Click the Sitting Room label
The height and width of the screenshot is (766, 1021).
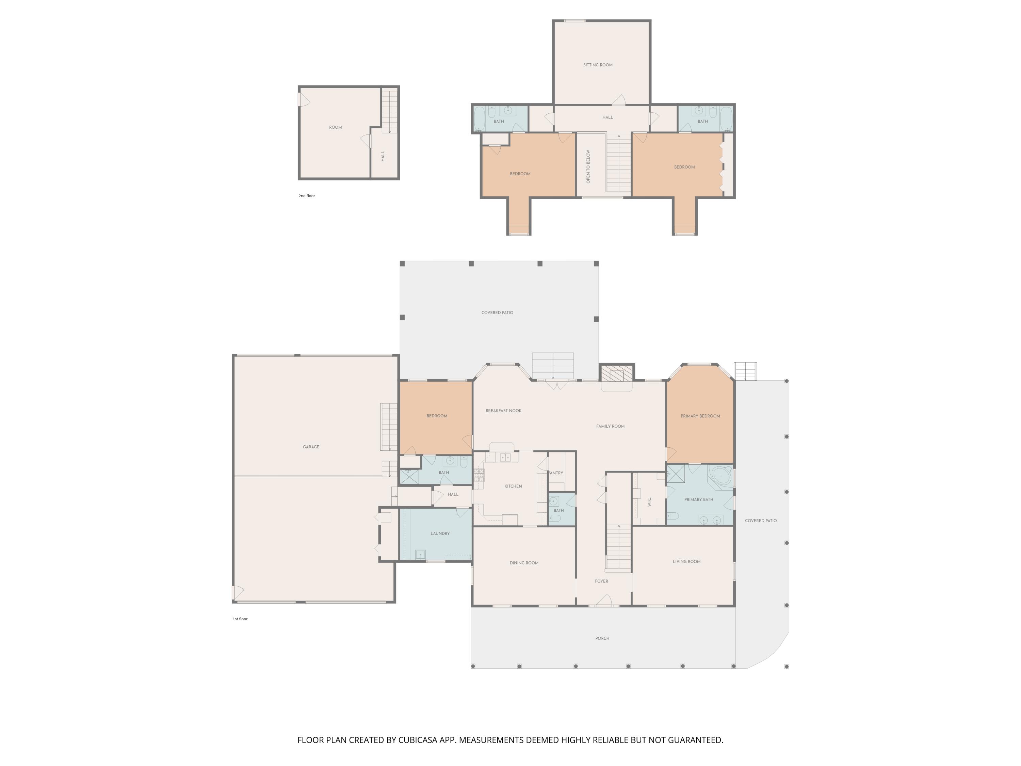tap(598, 65)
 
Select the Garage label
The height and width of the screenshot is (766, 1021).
tap(311, 447)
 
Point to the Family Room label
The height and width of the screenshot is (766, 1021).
tap(610, 426)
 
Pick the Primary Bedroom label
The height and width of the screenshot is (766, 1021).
tap(700, 416)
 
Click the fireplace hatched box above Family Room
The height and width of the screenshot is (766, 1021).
tap(616, 374)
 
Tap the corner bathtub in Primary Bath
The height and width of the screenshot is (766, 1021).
tap(722, 476)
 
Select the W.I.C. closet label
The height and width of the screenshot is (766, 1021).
tap(649, 502)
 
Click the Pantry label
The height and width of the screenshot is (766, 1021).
tap(556, 473)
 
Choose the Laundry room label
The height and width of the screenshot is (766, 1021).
tap(440, 533)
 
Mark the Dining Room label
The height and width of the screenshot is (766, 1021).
tap(524, 563)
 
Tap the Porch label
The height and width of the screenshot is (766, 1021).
tap(602, 639)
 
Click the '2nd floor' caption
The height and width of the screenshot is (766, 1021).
tap(307, 196)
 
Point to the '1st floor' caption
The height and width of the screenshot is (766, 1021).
tap(240, 619)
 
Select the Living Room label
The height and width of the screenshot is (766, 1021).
tap(686, 561)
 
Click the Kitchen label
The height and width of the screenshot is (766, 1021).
tap(513, 486)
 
